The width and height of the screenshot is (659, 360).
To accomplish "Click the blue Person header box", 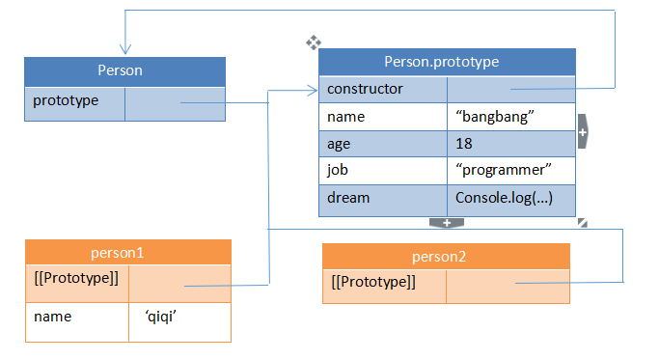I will click(x=124, y=70).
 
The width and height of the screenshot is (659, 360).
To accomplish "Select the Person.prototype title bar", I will click(x=447, y=61).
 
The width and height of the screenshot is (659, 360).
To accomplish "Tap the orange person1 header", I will click(x=128, y=253).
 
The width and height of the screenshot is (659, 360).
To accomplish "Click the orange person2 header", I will click(x=446, y=256).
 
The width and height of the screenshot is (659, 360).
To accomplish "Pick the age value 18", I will click(x=465, y=144).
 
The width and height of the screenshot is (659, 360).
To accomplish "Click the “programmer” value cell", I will click(x=503, y=171).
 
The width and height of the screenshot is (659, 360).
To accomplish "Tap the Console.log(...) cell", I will click(x=500, y=198).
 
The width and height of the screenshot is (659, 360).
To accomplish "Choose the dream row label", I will click(x=348, y=198).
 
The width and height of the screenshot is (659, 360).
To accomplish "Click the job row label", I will click(x=338, y=171).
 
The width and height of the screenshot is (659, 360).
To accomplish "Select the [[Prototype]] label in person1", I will click(x=76, y=279).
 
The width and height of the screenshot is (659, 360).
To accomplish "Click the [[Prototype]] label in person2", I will click(x=373, y=282).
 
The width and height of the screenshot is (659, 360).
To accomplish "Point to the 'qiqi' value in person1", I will click(x=160, y=316).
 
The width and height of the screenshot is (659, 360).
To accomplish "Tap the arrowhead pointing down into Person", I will click(x=124, y=50).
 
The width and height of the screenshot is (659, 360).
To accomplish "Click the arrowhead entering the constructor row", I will click(x=313, y=91).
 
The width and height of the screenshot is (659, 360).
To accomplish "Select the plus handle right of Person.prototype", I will click(x=583, y=131).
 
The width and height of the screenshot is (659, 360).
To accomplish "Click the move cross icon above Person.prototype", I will click(x=313, y=42).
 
